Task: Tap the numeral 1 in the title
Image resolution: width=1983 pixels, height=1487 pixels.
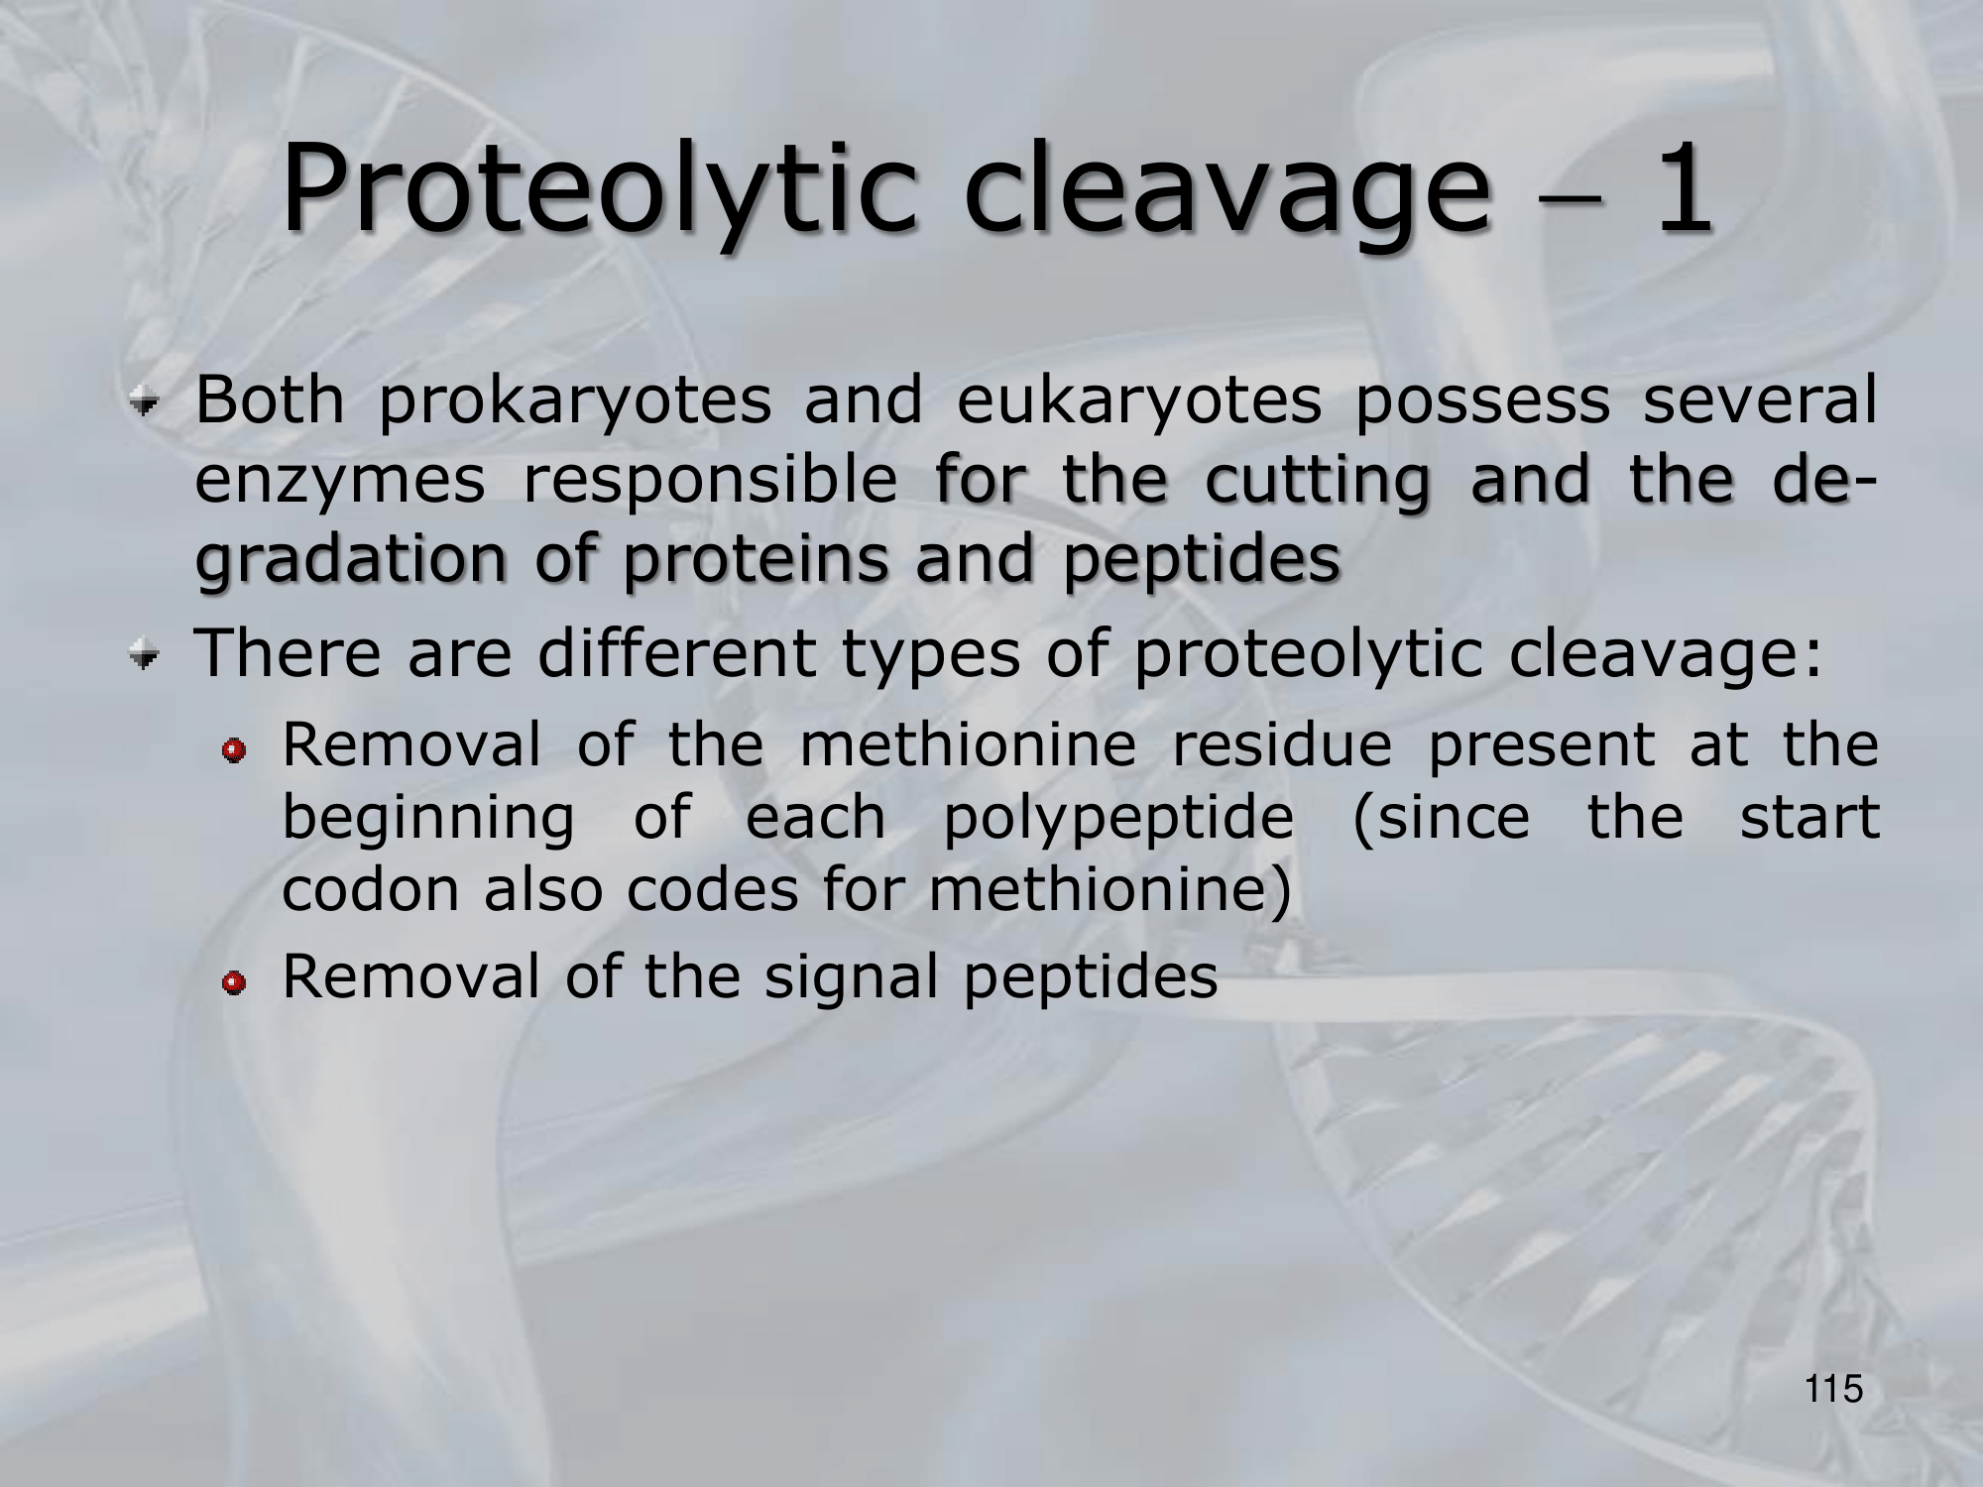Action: [x=1679, y=188]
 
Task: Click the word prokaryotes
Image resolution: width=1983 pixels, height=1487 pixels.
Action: [x=575, y=403]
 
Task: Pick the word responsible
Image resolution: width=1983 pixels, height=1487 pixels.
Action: [x=710, y=481]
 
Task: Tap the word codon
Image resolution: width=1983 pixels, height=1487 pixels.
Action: [x=371, y=889]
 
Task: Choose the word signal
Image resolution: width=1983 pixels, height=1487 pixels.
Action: [x=850, y=979]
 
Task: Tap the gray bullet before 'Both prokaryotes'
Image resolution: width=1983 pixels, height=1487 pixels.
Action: [x=148, y=403]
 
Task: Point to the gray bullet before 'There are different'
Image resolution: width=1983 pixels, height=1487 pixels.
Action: [x=148, y=655]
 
